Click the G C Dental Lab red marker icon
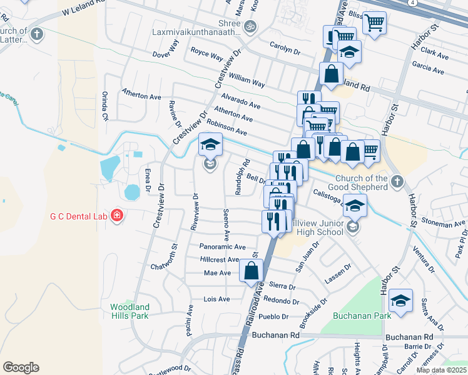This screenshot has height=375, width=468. click(x=116, y=216)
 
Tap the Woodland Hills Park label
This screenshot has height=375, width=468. click(x=130, y=311)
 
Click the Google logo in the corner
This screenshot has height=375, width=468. click(x=21, y=367)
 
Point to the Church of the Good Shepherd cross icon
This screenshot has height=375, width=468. click(x=395, y=182)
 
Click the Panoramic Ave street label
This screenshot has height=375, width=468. click(x=223, y=247)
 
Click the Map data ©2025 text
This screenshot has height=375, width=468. click(x=441, y=370)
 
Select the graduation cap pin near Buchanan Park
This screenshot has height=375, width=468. click(x=400, y=301)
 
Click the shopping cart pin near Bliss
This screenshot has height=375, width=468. click(x=374, y=23)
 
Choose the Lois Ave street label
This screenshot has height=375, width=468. click(x=217, y=299)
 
